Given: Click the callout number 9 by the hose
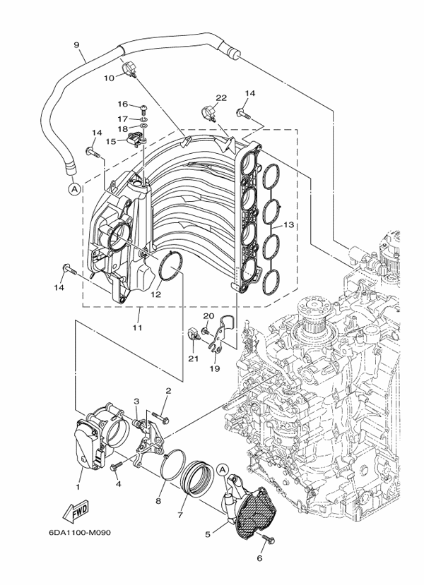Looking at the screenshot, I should pos(76,44).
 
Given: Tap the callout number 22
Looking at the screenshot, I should pos(221,97).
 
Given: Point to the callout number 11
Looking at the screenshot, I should pos(137,328).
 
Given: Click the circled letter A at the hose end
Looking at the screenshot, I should pos(73,188).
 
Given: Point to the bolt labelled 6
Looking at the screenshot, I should pos(268,540).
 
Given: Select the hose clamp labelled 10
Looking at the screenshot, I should pos(131,68).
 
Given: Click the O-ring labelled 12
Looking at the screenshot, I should pos(170,267).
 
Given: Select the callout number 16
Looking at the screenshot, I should pos(122,104).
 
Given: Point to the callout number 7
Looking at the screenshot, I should pos(181,515).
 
